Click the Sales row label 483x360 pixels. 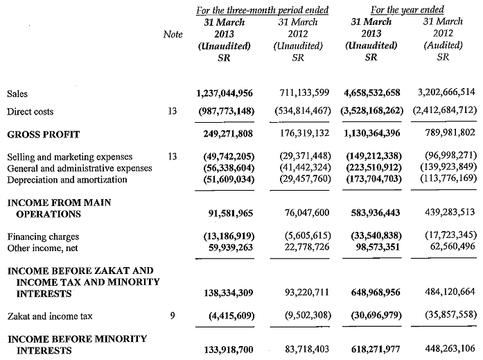[17, 93]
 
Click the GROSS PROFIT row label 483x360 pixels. [43, 134]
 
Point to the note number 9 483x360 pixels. [173, 316]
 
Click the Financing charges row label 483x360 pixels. [42, 237]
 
